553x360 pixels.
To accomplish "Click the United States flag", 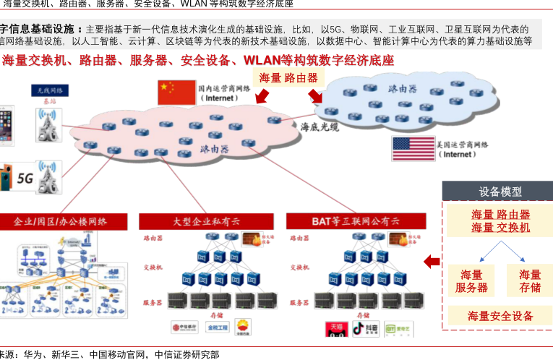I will click(x=413, y=149).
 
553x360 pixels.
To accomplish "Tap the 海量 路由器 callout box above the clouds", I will click(x=288, y=78).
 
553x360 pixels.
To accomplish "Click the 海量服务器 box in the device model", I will click(x=471, y=281).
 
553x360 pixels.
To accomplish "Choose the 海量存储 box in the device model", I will click(x=530, y=281).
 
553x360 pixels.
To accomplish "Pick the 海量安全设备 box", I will click(x=500, y=316).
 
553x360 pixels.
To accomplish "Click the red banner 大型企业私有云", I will click(x=206, y=221).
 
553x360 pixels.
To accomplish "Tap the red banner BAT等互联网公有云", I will click(x=356, y=221).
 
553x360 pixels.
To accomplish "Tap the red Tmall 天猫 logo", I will click(x=336, y=329).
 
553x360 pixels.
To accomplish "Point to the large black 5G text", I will click(x=25, y=178).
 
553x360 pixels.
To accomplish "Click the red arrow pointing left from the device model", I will click(x=432, y=261).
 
